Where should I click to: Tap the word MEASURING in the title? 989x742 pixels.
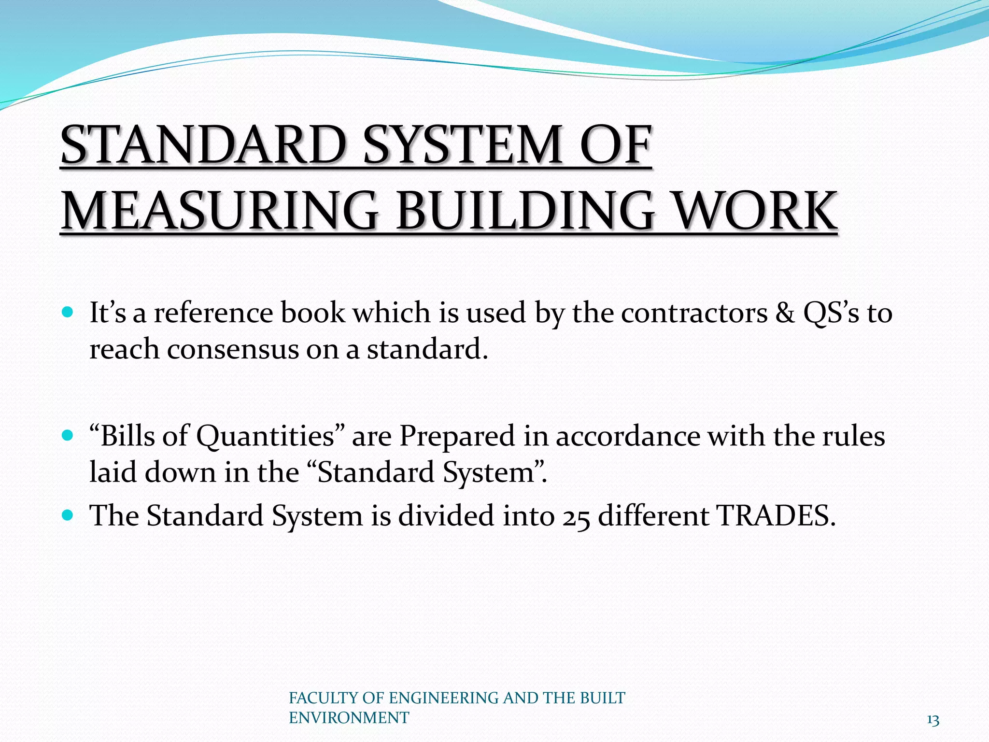coord(220,211)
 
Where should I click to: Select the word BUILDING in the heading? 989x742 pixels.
coord(525,211)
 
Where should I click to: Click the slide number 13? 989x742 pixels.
coord(932,720)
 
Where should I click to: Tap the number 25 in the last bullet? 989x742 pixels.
coord(576,516)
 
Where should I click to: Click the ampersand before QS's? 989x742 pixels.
coord(785,313)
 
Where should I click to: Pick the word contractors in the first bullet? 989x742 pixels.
coord(694,313)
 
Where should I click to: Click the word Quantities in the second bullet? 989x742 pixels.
coord(265,436)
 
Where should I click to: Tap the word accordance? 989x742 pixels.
coord(627,436)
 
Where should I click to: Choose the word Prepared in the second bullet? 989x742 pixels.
coord(457,436)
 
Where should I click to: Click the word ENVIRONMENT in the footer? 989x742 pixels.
coord(349,718)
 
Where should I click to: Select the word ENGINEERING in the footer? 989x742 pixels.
coord(443,698)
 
